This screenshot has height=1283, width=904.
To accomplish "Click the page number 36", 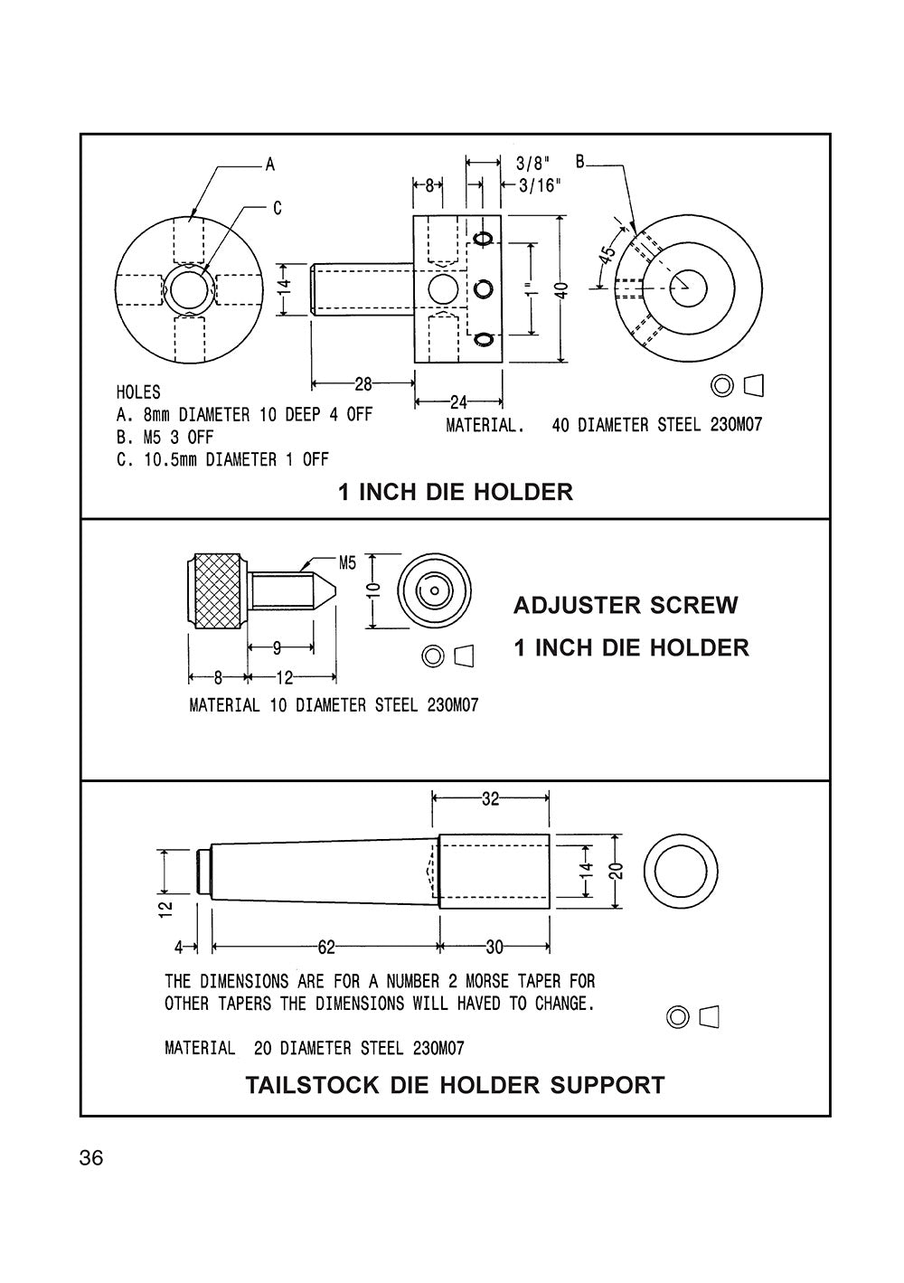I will click(91, 1158).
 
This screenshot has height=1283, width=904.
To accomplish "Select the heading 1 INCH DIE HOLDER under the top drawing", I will click(456, 493).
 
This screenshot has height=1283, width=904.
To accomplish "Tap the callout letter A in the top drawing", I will click(269, 165).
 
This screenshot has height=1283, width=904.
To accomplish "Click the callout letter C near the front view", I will click(278, 208).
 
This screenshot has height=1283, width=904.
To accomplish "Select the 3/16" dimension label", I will click(540, 185).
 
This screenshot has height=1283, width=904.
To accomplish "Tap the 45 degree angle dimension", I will click(606, 257).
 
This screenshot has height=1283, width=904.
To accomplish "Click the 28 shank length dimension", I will click(363, 384).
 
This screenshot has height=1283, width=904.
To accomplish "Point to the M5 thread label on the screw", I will click(347, 562).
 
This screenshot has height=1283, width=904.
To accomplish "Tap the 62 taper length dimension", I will click(326, 947).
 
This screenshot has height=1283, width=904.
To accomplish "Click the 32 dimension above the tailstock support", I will click(491, 798).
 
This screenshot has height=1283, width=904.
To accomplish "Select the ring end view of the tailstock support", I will click(681, 873).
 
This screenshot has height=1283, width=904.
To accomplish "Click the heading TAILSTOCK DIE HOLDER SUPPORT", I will click(455, 1085).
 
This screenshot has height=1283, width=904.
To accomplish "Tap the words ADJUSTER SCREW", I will click(626, 605).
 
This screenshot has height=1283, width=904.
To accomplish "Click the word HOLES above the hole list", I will click(138, 392).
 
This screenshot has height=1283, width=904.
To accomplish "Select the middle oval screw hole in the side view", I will click(484, 288).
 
